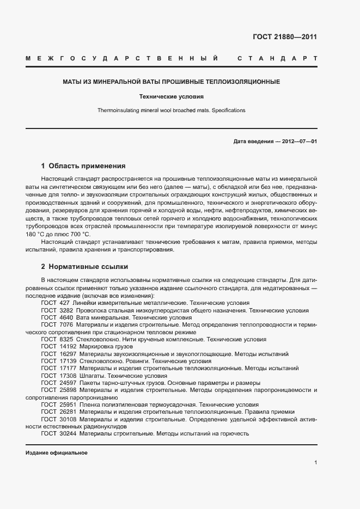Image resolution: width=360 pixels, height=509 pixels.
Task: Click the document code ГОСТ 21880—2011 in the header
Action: pyautogui.click(x=284, y=37)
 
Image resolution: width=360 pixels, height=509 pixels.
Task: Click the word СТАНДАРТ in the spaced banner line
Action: pyautogui.click(x=278, y=58)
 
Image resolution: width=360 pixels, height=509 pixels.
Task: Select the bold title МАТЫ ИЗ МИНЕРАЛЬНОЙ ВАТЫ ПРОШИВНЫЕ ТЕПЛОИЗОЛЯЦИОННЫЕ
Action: pyautogui.click(x=171, y=82)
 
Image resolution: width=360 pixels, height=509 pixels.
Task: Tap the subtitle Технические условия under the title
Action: pyautogui.click(x=171, y=97)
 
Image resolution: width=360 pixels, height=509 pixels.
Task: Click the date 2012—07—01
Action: pyautogui.click(x=298, y=142)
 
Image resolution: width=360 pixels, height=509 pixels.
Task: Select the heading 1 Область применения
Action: pyautogui.click(x=83, y=166)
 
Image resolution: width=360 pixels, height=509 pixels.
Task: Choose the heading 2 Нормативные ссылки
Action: pyautogui.click(x=84, y=267)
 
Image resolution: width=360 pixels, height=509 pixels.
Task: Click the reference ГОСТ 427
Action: pyautogui.click(x=56, y=303)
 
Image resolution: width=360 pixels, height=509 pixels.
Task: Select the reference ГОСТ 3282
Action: pyautogui.click(x=57, y=310)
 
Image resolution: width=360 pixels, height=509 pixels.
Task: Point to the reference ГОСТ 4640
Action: pyautogui.click(x=57, y=317)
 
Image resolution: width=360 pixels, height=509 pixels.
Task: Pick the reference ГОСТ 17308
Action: pyautogui.click(x=59, y=376)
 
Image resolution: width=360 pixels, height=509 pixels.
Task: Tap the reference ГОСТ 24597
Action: pyautogui.click(x=59, y=383)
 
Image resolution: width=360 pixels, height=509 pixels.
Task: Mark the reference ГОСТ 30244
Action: pyautogui.click(x=59, y=434)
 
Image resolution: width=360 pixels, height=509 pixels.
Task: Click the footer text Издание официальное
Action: pyautogui.click(x=57, y=453)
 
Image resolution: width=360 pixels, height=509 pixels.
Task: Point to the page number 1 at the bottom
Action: pyautogui.click(x=315, y=463)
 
